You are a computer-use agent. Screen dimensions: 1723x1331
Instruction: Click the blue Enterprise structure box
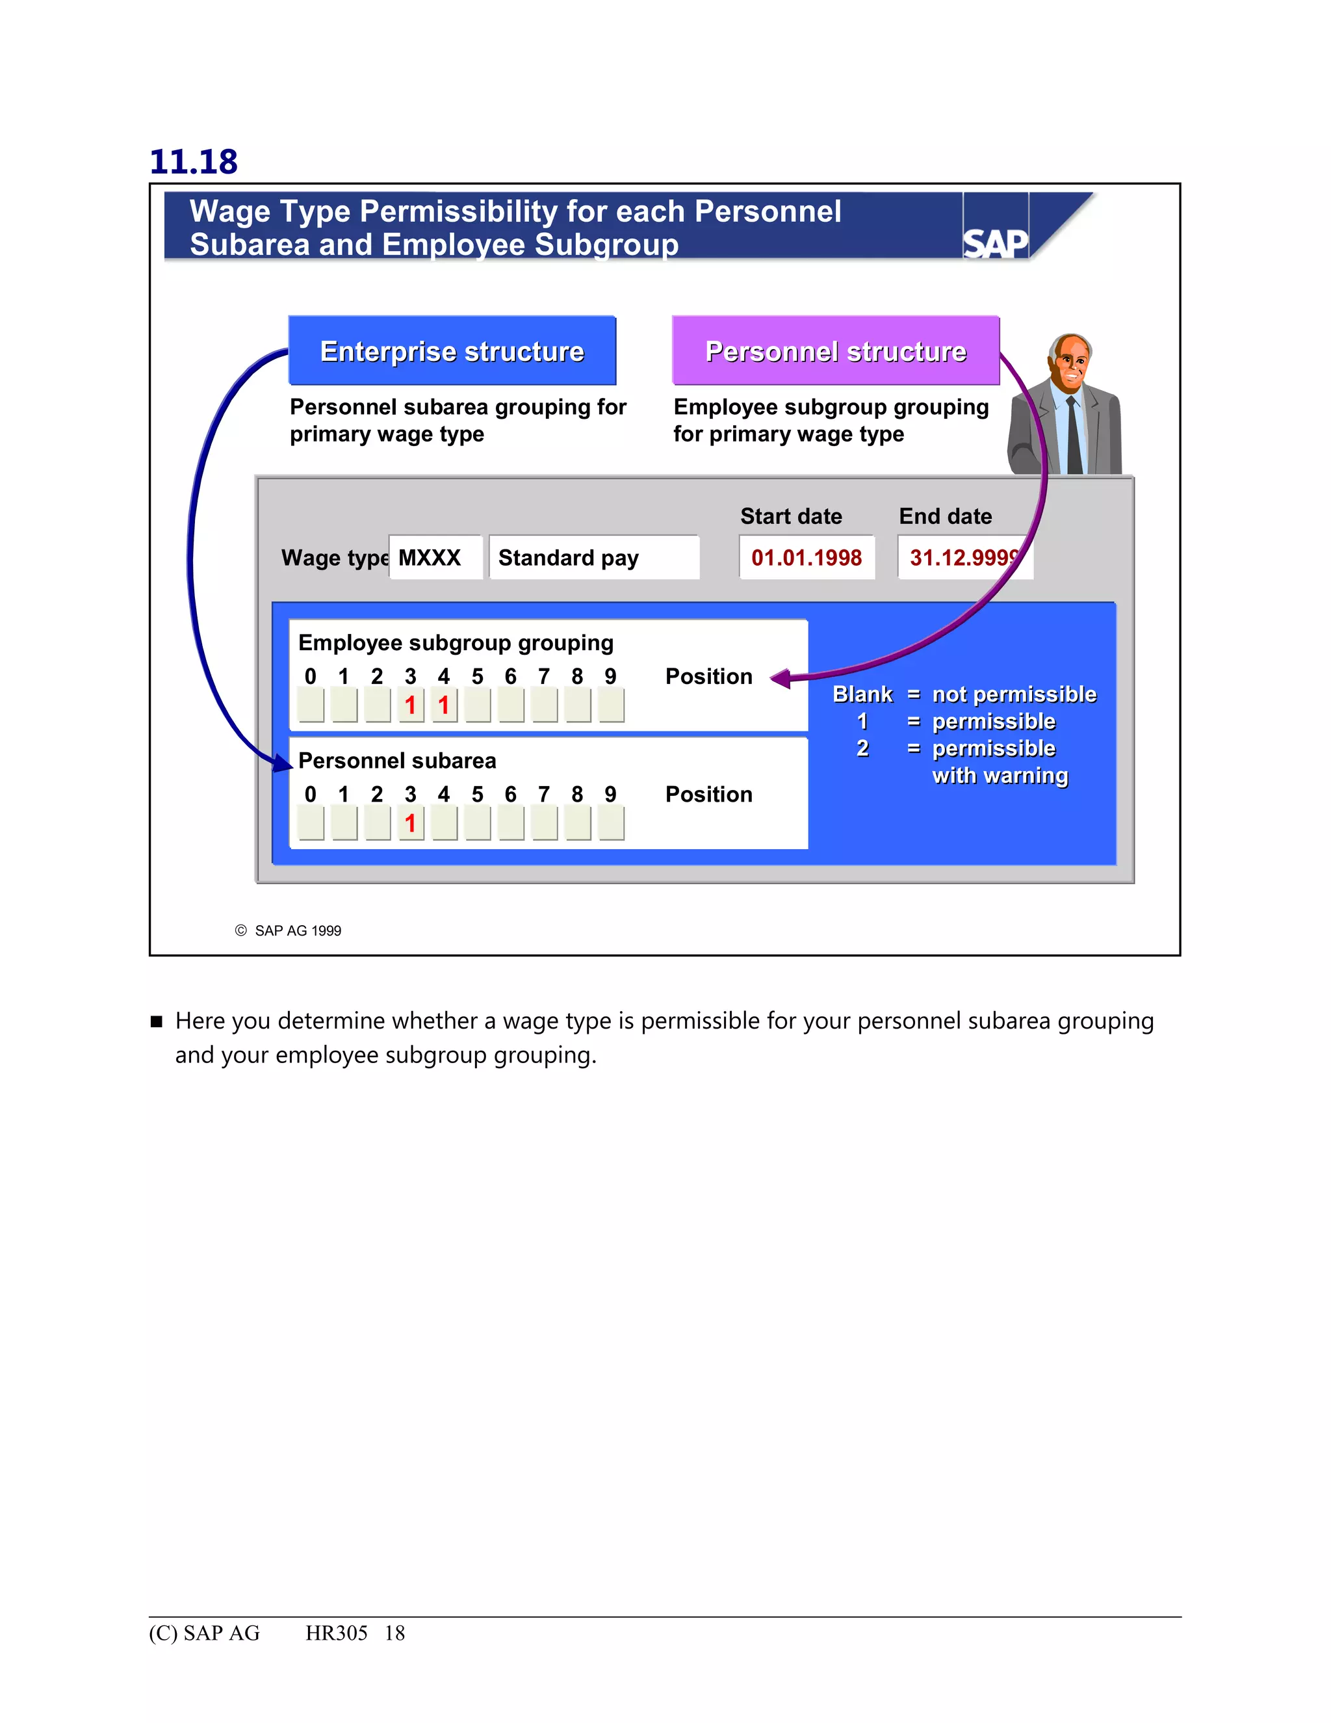click(452, 351)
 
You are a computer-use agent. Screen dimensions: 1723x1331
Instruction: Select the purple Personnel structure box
click(835, 351)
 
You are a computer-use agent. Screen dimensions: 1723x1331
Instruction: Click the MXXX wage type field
click(433, 558)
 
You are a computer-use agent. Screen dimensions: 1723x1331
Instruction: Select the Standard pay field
click(592, 558)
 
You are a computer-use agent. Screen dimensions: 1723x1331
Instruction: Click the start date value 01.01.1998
click(806, 558)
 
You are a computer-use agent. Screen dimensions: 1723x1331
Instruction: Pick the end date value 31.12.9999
click(964, 558)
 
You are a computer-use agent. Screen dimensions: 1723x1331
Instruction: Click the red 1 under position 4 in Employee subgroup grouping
click(444, 705)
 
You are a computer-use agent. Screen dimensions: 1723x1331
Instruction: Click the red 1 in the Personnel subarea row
click(410, 824)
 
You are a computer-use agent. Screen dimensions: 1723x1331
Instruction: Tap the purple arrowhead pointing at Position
click(781, 677)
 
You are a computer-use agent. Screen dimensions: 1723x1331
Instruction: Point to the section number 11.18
click(193, 162)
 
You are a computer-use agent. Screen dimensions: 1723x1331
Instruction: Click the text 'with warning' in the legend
click(999, 776)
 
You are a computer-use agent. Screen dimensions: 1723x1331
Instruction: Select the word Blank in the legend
click(862, 694)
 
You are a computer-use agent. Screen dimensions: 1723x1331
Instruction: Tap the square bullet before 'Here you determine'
click(156, 1021)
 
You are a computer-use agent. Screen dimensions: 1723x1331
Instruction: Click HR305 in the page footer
click(336, 1633)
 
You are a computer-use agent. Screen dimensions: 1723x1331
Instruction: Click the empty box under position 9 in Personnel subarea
click(611, 824)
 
